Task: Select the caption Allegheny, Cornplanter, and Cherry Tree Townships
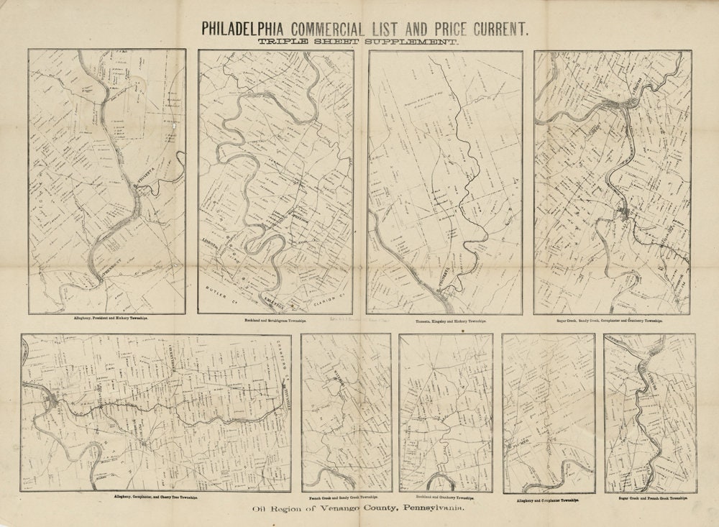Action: tap(156, 496)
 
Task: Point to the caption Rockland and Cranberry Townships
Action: tap(446, 497)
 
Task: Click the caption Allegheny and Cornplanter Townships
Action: tap(549, 498)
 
